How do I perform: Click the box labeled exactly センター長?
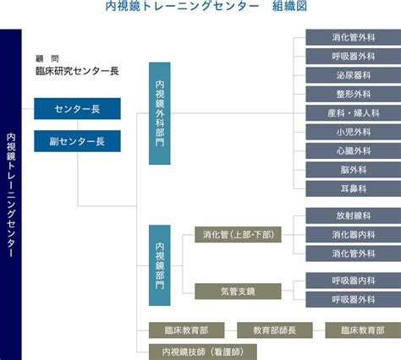[x=77, y=109]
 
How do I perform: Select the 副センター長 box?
[x=77, y=141]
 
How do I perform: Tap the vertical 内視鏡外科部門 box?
[x=160, y=113]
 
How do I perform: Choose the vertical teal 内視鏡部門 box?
[x=160, y=265]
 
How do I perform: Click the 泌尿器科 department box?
[x=354, y=75]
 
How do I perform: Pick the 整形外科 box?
[x=354, y=94]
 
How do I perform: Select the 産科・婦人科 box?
[x=354, y=113]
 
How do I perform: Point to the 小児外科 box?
[x=354, y=132]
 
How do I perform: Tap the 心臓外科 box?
[x=354, y=151]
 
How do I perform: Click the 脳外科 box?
[x=354, y=170]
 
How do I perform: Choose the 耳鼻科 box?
[x=354, y=188]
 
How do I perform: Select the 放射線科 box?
[x=354, y=215]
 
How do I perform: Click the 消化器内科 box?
[x=354, y=235]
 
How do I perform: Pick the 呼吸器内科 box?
[x=354, y=281]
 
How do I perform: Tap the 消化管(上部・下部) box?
[x=238, y=235]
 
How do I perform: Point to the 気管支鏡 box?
[x=238, y=292]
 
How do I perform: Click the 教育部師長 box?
[x=275, y=330]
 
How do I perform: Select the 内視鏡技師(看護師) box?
[x=203, y=352]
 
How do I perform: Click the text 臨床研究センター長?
[x=77, y=71]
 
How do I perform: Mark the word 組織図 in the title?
[x=289, y=6]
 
